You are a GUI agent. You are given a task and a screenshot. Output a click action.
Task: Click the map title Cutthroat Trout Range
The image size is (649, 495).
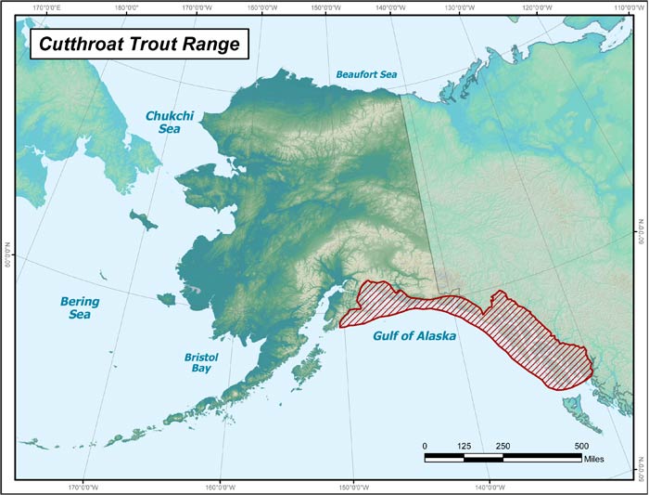(x=137, y=43)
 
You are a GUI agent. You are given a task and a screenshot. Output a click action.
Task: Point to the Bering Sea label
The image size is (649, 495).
(x=79, y=308)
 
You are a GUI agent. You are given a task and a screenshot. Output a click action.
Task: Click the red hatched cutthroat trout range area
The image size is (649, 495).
(x=519, y=334)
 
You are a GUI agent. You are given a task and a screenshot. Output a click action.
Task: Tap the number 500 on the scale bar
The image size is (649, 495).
(x=581, y=446)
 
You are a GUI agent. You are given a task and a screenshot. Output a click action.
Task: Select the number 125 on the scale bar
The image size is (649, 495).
(x=464, y=446)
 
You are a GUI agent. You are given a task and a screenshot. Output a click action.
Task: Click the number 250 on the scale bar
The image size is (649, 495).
(x=503, y=446)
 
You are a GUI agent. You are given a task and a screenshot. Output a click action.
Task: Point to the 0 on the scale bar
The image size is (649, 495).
(x=425, y=446)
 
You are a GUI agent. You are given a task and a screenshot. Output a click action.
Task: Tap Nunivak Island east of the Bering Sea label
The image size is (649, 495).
(x=167, y=299)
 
